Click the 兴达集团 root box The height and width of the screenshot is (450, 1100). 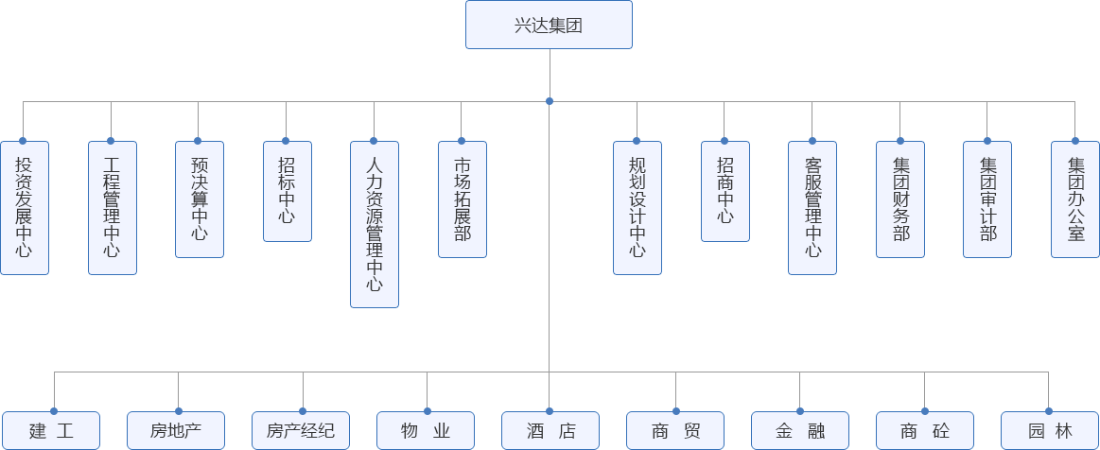pyautogui.click(x=549, y=25)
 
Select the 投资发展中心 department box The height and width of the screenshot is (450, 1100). pyautogui.click(x=24, y=207)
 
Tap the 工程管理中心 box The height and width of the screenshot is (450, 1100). pyautogui.click(x=112, y=207)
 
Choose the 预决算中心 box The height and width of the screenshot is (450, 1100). pyautogui.click(x=200, y=199)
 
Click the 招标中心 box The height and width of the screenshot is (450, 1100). pyautogui.click(x=287, y=190)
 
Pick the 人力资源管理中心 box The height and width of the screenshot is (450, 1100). pyautogui.click(x=374, y=224)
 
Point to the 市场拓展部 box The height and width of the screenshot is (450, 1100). pyautogui.click(x=462, y=199)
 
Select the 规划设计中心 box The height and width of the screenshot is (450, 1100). pyautogui.click(x=637, y=207)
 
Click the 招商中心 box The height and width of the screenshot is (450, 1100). pyautogui.click(x=725, y=190)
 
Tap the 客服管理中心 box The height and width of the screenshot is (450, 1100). pyautogui.click(x=812, y=207)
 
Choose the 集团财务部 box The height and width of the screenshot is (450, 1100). pyautogui.click(x=899, y=199)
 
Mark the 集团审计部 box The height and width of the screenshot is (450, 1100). pyautogui.click(x=987, y=199)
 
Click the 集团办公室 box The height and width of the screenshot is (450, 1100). pyautogui.click(x=1075, y=199)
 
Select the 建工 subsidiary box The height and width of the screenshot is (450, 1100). pyautogui.click(x=52, y=431)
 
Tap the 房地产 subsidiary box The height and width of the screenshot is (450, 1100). pyautogui.click(x=176, y=431)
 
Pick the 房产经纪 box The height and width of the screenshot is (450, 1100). pyautogui.click(x=301, y=431)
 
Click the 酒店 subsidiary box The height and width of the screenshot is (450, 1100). pyautogui.click(x=550, y=431)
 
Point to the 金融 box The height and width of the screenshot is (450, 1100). pyautogui.click(x=800, y=431)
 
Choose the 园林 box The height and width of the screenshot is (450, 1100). pyautogui.click(x=1049, y=431)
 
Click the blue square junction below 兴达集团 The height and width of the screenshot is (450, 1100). pyautogui.click(x=549, y=100)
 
